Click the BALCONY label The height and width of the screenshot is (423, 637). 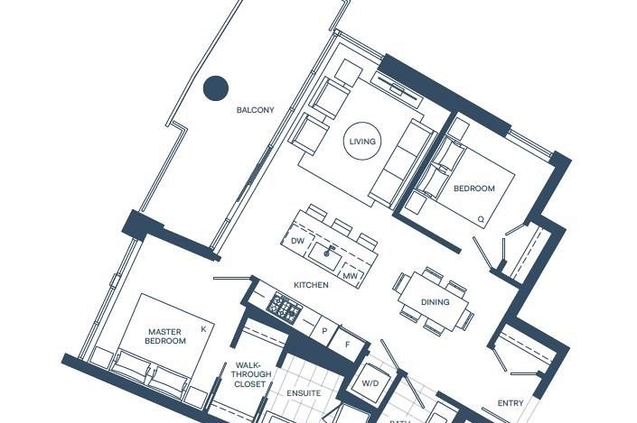(255, 110)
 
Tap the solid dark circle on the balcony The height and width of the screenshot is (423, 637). (215, 87)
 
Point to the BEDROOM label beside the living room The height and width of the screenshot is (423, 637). (473, 189)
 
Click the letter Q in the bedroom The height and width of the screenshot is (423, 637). (481, 219)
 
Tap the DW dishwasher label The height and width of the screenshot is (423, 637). (297, 241)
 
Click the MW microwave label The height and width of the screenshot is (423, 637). (350, 275)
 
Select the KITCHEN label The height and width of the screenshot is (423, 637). (311, 285)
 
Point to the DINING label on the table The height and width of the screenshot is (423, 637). (436, 302)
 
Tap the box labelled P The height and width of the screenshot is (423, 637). (324, 331)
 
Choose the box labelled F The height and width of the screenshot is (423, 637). (346, 344)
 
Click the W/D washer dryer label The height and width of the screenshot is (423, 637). (371, 382)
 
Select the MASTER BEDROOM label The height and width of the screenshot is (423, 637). (166, 336)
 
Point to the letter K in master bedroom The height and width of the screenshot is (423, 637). (203, 329)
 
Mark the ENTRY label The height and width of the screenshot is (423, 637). (511, 403)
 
